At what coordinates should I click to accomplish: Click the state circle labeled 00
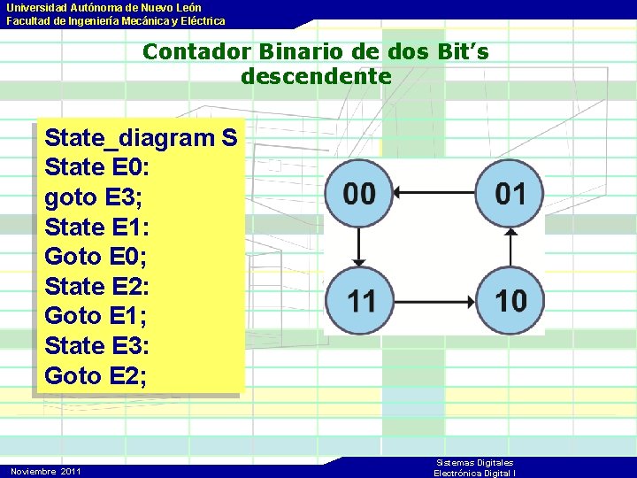pos(358,192)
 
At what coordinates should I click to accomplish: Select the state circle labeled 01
pos(510,192)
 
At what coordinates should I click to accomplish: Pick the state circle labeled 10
pos(510,300)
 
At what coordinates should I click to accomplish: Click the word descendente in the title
pos(316,76)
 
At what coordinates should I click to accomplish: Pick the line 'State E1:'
pos(97,227)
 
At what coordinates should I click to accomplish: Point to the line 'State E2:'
pos(97,286)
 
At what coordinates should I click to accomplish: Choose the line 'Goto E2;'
pos(96,375)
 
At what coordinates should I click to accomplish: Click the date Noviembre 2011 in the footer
pos(46,471)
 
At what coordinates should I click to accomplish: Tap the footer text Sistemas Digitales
pos(474,463)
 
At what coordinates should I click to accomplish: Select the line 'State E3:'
pos(97,345)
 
